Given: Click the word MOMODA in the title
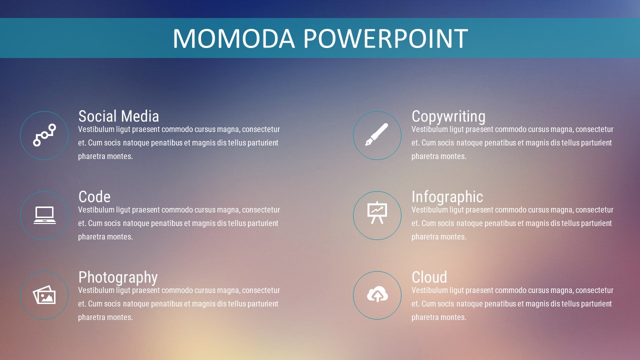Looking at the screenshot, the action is tap(233, 38).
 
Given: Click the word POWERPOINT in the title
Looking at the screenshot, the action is tap(385, 38).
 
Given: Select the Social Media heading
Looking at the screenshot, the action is tap(118, 116).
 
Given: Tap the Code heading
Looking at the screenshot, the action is tap(94, 197).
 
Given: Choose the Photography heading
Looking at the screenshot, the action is tap(118, 277).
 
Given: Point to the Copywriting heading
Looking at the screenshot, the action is tap(448, 117).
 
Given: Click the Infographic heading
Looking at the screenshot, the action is tap(447, 197).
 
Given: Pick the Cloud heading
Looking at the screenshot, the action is tap(429, 277).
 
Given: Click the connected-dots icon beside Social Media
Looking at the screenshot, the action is tap(44, 135).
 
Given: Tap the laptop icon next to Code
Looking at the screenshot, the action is tap(44, 215).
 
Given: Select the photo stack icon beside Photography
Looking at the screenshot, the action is tap(44, 295).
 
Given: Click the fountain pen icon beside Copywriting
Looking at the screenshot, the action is tap(377, 134).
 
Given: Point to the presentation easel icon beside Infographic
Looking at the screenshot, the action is tap(377, 213).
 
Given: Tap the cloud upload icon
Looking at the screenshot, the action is tap(377, 293).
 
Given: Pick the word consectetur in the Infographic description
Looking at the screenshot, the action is tap(594, 210).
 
